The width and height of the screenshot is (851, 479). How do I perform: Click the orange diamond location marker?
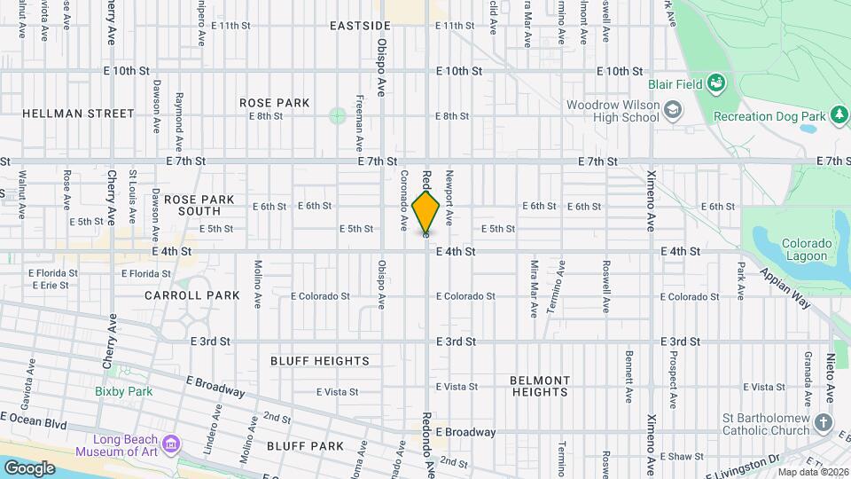[x=426, y=214]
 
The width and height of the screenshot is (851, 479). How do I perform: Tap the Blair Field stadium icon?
[x=717, y=84]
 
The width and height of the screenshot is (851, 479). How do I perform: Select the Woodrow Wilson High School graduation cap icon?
[x=674, y=110]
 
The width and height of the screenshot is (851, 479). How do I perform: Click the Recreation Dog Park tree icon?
[x=838, y=115]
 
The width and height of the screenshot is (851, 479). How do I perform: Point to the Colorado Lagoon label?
[x=807, y=249]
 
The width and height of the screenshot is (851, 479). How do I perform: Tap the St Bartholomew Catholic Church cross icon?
[x=824, y=422]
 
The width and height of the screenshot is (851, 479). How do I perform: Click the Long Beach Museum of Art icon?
[x=171, y=442]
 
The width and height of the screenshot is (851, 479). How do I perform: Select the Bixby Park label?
[x=124, y=391]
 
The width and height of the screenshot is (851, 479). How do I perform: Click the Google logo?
[x=29, y=467]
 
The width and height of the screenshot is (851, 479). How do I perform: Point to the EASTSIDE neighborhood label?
[x=360, y=26]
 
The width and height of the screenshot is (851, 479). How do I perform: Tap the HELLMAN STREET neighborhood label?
[x=78, y=114]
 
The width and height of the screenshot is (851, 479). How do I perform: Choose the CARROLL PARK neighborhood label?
[x=192, y=295]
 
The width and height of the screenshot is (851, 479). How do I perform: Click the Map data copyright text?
[x=813, y=471]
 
